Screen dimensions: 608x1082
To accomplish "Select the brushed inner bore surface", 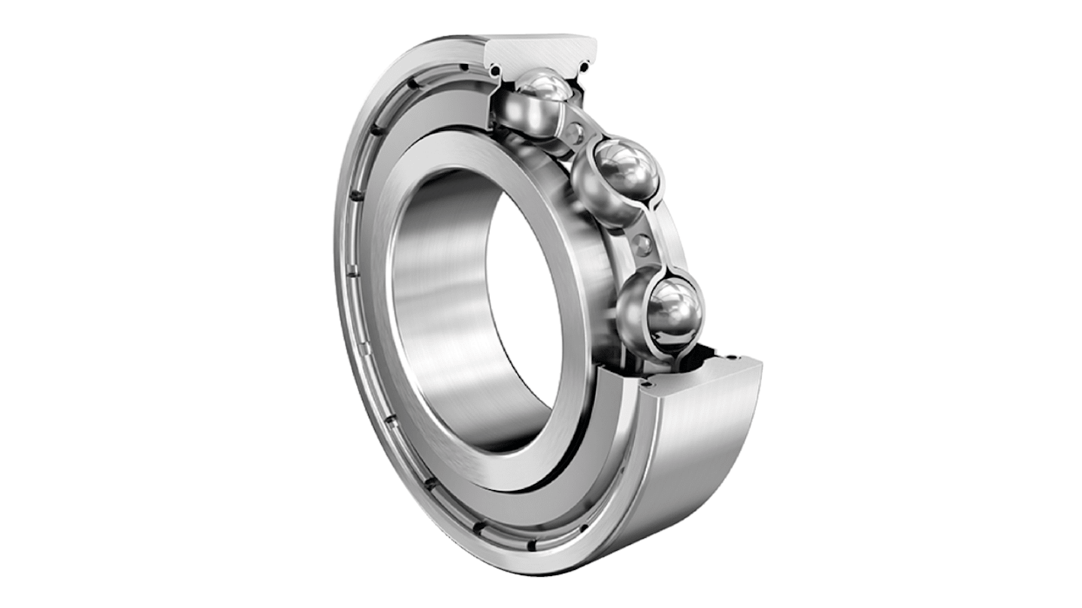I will point(442,305).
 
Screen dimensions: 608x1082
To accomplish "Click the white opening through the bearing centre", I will point(526,305).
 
